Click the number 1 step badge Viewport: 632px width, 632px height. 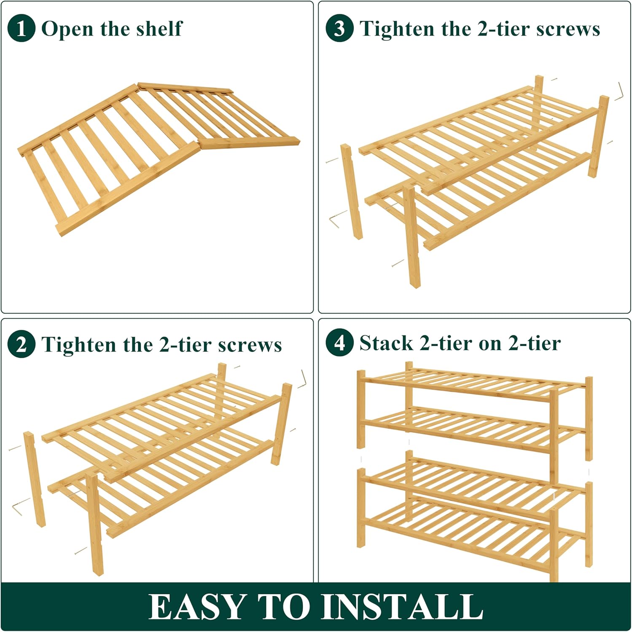pos(21,28)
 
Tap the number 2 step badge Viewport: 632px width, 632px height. pos(21,344)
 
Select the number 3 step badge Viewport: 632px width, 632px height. pos(339,28)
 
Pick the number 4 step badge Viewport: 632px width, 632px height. pos(339,343)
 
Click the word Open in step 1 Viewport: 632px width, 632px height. pos(67,29)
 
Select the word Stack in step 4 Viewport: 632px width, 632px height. pos(386,343)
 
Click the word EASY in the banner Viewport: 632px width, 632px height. pos(197,607)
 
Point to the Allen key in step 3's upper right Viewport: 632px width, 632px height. pos(619,91)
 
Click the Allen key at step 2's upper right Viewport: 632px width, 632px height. pos(302,379)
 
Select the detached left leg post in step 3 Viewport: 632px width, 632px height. pos(352,192)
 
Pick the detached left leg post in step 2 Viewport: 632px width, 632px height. pos(35,479)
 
